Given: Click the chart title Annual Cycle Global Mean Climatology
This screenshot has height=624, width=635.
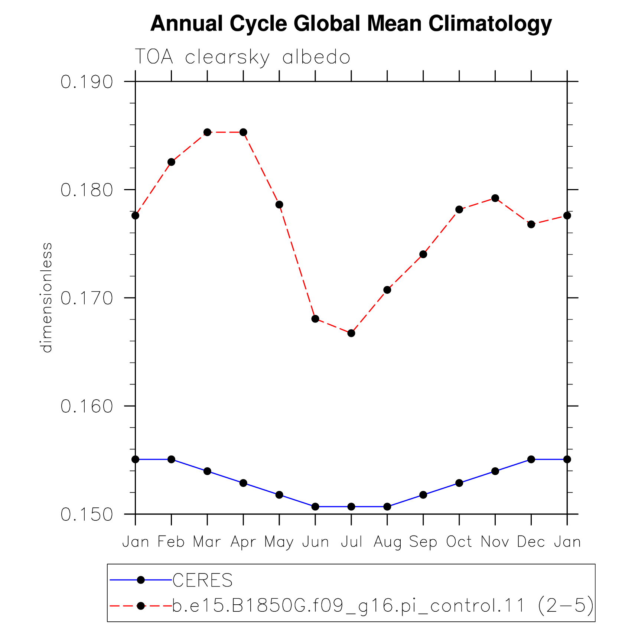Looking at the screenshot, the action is (x=351, y=24).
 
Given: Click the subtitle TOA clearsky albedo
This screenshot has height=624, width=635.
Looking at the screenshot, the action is (x=242, y=57).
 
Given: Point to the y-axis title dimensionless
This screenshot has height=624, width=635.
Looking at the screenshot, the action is (x=47, y=298).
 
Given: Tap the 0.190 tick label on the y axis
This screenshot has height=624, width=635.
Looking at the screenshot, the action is (x=87, y=82).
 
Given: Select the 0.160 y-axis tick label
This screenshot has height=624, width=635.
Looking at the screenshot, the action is (x=87, y=406).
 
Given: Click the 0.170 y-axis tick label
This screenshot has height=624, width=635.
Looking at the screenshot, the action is (x=87, y=298).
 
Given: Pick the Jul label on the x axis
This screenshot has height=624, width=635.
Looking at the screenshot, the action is (x=351, y=542).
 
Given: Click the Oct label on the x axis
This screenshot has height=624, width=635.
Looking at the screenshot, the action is (x=459, y=542).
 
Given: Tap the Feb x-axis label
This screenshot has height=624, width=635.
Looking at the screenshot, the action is (x=171, y=542).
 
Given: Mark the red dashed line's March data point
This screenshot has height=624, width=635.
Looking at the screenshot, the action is (x=207, y=132).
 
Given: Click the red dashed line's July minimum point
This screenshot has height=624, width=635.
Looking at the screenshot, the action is (x=351, y=333).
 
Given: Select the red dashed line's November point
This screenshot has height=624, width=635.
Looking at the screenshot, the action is (x=495, y=198).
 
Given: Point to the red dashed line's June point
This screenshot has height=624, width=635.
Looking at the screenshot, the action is (x=315, y=319).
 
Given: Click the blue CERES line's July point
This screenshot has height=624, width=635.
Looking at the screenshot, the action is (x=351, y=507).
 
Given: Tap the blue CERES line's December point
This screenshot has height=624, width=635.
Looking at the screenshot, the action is (x=531, y=459).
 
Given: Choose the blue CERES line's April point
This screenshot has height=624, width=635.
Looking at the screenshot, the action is (x=243, y=483).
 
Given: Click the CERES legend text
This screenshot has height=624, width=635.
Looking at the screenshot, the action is (x=203, y=580).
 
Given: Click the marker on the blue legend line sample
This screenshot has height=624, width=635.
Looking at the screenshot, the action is (x=141, y=580).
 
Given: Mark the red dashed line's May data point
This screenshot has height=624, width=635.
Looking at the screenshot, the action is (x=279, y=205).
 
